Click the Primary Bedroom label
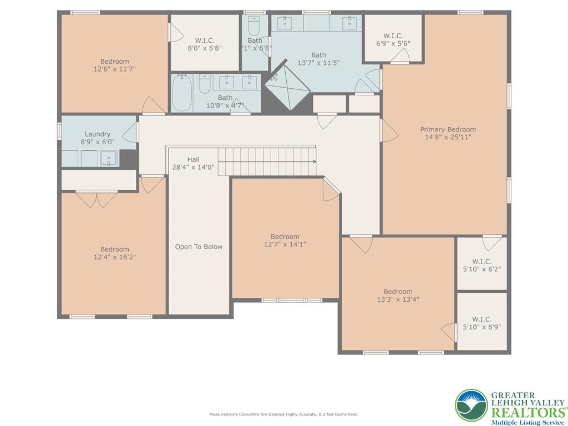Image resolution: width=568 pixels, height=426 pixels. [448, 129]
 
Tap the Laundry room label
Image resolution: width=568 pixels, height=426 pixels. [98, 134]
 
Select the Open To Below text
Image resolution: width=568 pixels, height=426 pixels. [199, 247]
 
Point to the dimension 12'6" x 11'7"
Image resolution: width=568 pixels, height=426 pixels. [115, 69]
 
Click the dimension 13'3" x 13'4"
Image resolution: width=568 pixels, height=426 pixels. [398, 300]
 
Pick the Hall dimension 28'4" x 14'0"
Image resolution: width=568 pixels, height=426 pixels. [193, 167]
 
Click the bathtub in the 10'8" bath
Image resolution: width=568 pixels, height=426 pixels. [182, 93]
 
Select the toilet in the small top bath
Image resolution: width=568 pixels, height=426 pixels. [255, 26]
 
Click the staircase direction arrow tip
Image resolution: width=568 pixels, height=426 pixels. [315, 162]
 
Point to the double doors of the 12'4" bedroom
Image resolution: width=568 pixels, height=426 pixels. [97, 200]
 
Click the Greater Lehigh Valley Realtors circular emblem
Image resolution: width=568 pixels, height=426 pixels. [471, 404]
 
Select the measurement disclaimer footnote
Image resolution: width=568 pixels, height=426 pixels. [283, 414]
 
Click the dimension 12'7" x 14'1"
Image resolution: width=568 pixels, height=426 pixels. [285, 244]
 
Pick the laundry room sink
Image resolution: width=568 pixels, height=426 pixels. [109, 159]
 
